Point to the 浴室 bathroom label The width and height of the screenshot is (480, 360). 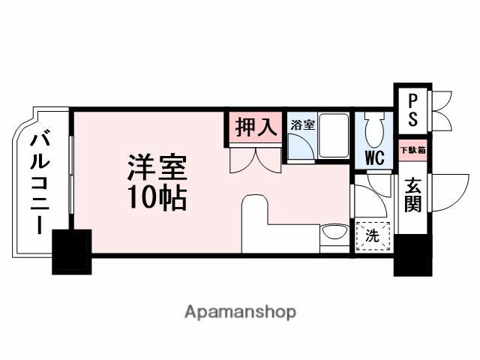301,126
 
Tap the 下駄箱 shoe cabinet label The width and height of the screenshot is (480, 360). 412,150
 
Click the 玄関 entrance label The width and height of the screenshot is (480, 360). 412,193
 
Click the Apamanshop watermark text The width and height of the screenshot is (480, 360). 239,311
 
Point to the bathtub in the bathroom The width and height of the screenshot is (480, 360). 333,136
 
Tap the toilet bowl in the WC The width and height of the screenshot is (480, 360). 374,131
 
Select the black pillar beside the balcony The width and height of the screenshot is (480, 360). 71,252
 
